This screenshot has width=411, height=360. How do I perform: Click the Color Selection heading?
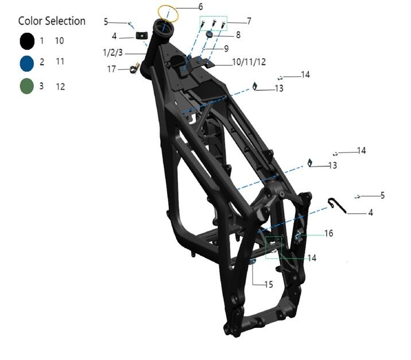[x=52, y=21]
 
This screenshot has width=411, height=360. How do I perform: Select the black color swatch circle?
[x=26, y=41]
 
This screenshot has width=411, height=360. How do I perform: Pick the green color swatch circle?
[x=26, y=87]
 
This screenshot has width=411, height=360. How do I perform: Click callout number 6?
[x=200, y=7]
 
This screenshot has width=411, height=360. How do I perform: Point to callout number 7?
[x=249, y=21]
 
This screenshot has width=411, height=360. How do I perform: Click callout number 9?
[x=226, y=48]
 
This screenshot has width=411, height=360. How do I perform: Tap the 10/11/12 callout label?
[x=249, y=61]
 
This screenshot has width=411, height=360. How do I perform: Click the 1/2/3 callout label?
[x=113, y=53]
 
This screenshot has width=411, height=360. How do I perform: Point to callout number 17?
[x=112, y=69]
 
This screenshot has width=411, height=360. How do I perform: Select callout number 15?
[x=269, y=284]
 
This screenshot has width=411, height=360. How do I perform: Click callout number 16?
[x=328, y=234]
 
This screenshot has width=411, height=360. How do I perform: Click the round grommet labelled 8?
[x=209, y=35]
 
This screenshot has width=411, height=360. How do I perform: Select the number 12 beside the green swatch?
[x=60, y=87]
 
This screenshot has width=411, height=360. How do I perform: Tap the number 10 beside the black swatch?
[x=60, y=41]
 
